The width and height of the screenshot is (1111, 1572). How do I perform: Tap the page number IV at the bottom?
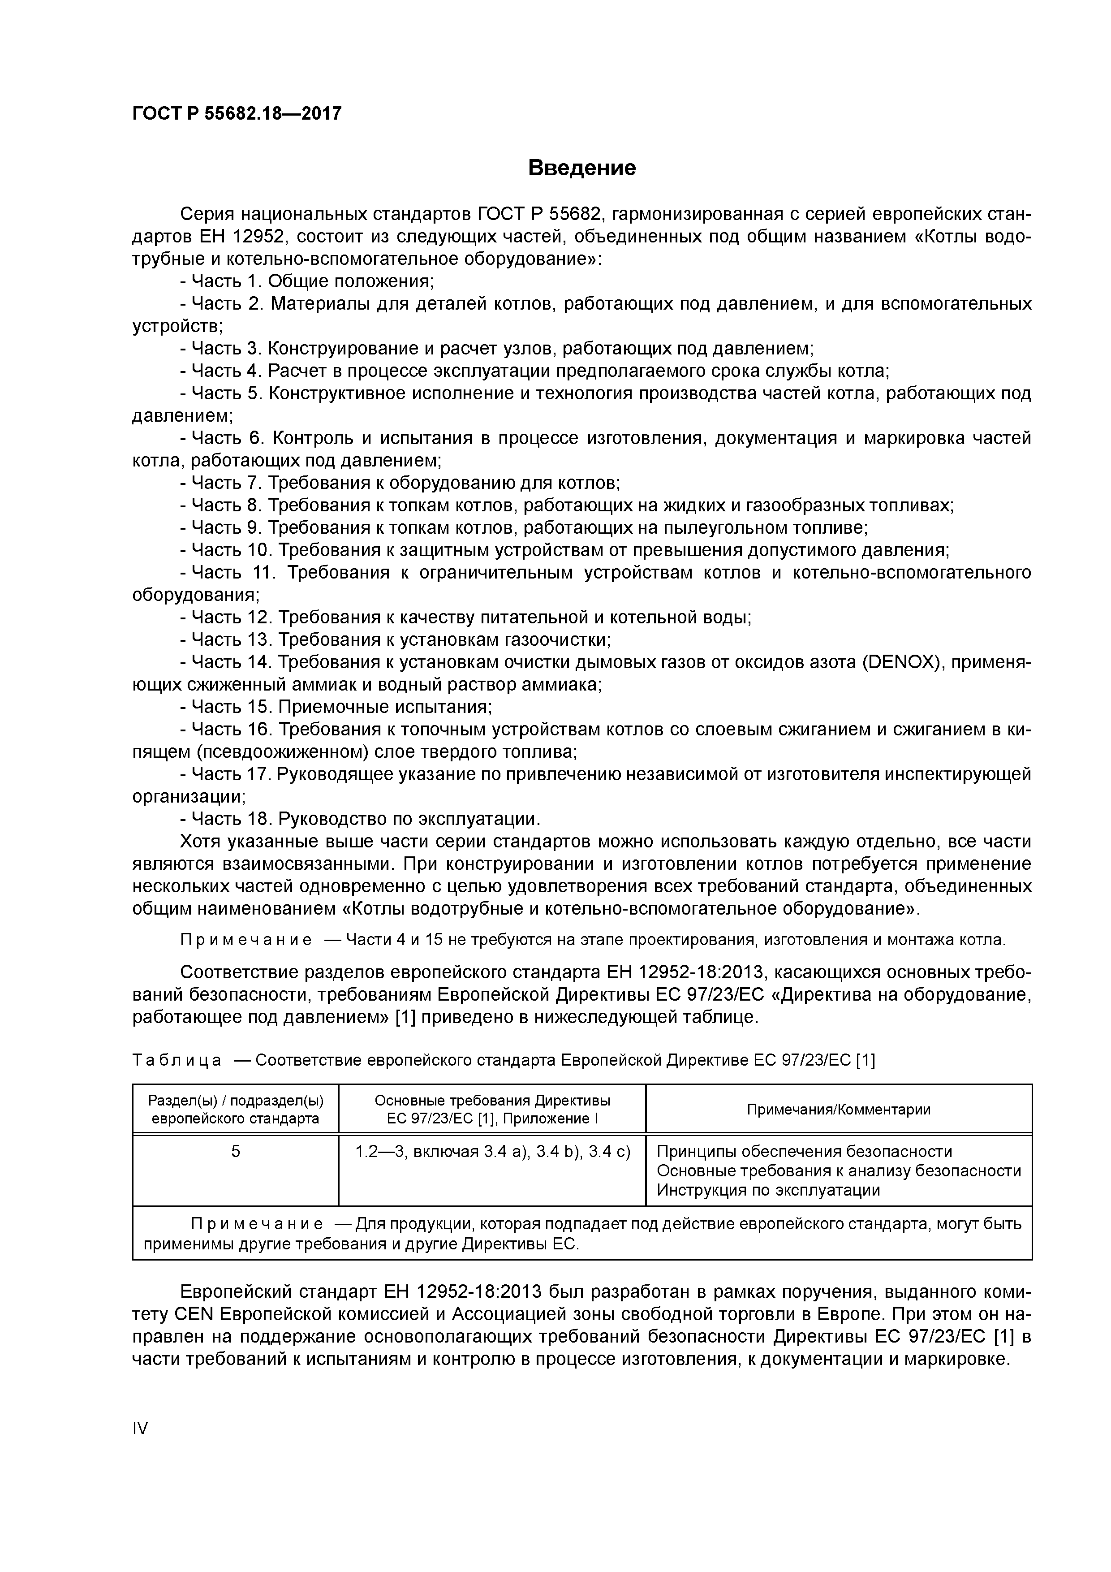click(x=140, y=1428)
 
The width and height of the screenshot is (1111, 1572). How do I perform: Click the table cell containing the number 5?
click(x=236, y=1152)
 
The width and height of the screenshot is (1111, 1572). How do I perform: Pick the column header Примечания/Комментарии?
click(x=839, y=1109)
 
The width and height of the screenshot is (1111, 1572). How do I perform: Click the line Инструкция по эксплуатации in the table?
click(x=768, y=1190)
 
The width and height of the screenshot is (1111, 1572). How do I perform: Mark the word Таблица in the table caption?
click(x=177, y=1061)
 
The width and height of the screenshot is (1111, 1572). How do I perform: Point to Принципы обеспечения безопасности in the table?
click(x=804, y=1152)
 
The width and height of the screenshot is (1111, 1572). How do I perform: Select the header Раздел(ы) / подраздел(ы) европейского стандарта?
click(x=236, y=1109)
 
